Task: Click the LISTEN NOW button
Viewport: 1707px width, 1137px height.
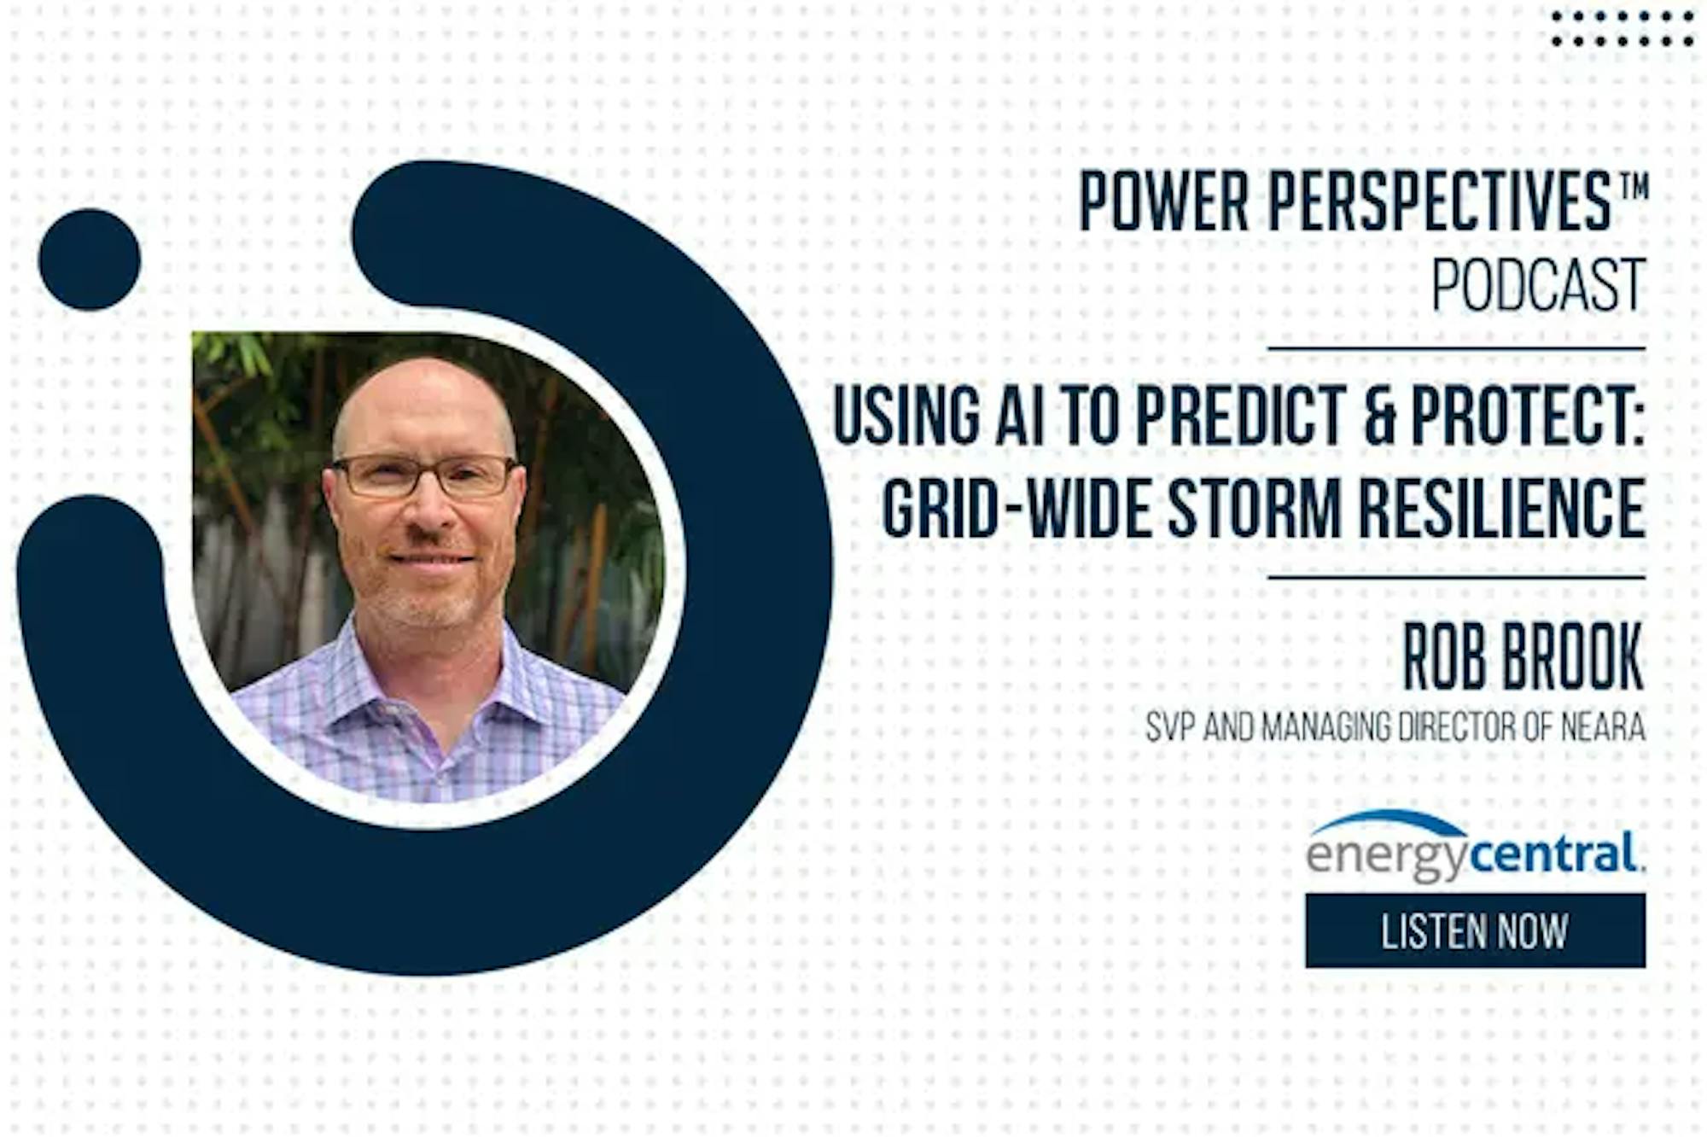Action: coord(1475,930)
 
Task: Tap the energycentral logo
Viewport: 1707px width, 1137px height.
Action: coord(1475,846)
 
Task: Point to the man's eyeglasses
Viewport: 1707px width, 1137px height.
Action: coord(424,476)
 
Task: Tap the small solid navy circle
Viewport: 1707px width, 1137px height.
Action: coord(90,259)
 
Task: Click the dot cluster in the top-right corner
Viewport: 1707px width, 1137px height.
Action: coord(1623,28)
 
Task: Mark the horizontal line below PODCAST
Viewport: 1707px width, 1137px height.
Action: coord(1456,348)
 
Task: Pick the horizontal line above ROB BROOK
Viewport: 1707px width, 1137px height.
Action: coord(1456,578)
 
